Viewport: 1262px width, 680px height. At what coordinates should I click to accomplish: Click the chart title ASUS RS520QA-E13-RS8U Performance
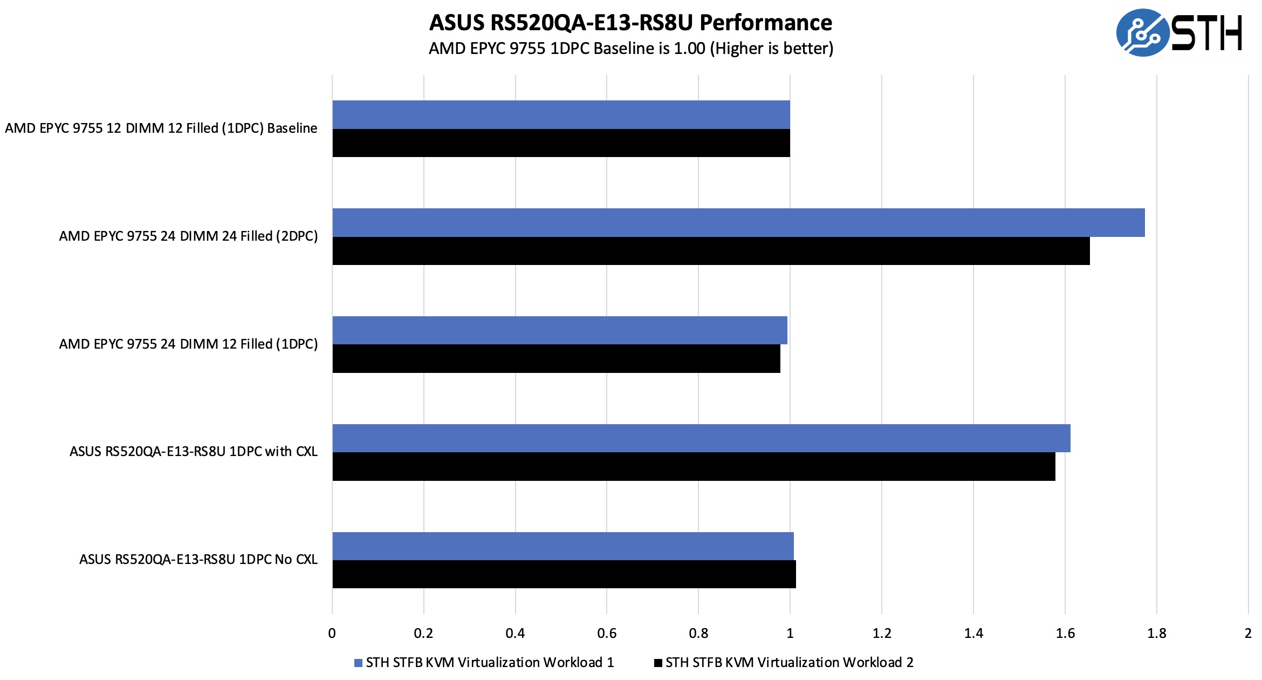tap(630, 23)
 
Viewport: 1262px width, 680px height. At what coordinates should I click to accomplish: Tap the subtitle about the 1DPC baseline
tap(630, 49)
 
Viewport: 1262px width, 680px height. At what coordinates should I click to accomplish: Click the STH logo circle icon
tap(1141, 32)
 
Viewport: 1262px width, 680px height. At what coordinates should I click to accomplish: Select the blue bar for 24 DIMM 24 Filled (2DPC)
tap(738, 222)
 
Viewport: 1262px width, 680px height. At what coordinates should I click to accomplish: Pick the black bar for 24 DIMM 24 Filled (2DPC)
tap(711, 251)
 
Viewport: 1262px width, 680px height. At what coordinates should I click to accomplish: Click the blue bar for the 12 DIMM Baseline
tap(561, 114)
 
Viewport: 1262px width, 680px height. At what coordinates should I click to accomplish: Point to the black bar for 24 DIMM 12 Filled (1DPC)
tap(556, 358)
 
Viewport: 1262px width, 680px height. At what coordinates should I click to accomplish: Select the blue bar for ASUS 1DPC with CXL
tap(701, 438)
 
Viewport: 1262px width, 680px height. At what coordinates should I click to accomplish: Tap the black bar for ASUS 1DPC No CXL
tap(564, 574)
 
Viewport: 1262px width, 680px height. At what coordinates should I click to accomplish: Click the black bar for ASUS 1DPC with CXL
tap(694, 466)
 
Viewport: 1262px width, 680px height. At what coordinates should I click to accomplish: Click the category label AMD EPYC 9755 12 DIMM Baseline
tap(161, 128)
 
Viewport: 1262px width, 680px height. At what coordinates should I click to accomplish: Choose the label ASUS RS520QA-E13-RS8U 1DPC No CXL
tap(198, 560)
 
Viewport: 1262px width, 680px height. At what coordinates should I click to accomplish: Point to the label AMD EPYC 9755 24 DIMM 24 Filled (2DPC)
tap(188, 236)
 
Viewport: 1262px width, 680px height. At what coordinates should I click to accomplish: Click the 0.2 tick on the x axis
tap(423, 633)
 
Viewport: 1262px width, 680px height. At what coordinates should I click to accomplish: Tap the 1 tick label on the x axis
tap(790, 633)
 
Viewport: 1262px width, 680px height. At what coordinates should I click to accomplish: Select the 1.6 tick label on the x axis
tap(1065, 633)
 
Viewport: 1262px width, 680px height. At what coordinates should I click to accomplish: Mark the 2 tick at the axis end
tap(1248, 633)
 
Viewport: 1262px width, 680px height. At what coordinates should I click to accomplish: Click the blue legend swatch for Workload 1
tap(358, 663)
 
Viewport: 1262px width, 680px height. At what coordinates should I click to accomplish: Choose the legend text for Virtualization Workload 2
tap(789, 663)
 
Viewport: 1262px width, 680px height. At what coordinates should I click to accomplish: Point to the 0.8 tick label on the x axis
tap(698, 633)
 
